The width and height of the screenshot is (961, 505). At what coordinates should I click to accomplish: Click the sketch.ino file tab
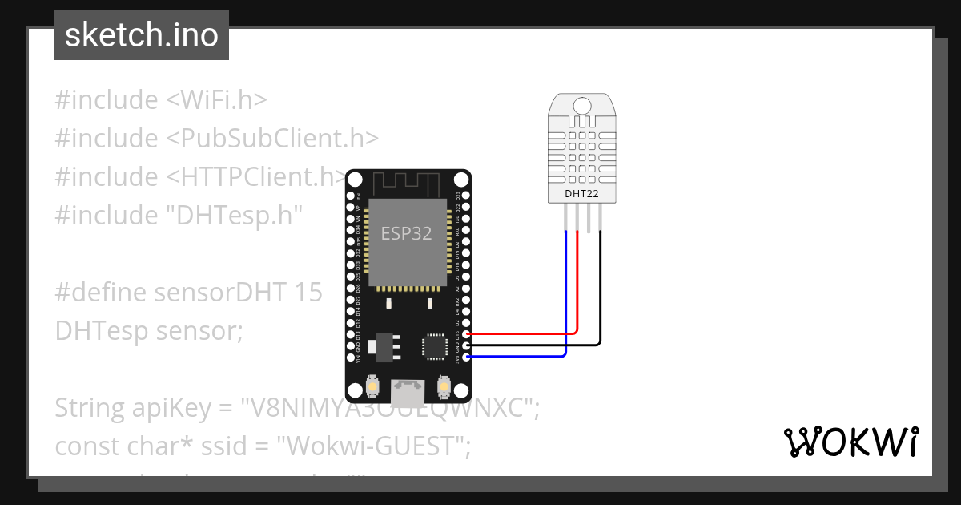click(142, 35)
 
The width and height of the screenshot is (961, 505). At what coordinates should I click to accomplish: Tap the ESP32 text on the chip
click(406, 234)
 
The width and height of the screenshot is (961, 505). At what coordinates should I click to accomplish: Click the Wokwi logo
click(850, 442)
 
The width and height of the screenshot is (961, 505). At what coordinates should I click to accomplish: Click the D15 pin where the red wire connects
click(466, 333)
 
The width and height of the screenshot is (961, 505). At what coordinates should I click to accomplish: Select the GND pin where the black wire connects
click(466, 345)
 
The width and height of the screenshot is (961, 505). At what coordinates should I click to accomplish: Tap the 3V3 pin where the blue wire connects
click(466, 357)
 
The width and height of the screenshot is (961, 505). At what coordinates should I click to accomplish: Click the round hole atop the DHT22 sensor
click(582, 104)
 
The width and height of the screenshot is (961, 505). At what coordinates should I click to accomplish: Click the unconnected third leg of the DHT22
click(589, 217)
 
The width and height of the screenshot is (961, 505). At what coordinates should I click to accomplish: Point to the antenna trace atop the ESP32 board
click(408, 185)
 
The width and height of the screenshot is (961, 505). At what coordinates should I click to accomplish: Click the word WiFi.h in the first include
click(216, 100)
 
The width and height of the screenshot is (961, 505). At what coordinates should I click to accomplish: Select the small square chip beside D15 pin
click(435, 345)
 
